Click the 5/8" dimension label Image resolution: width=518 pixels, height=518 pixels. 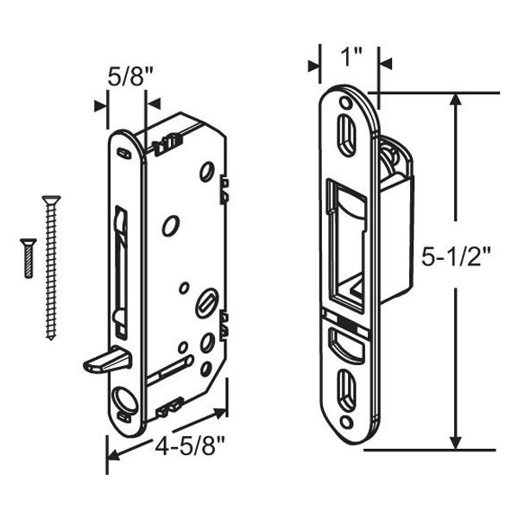(x=130, y=77)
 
